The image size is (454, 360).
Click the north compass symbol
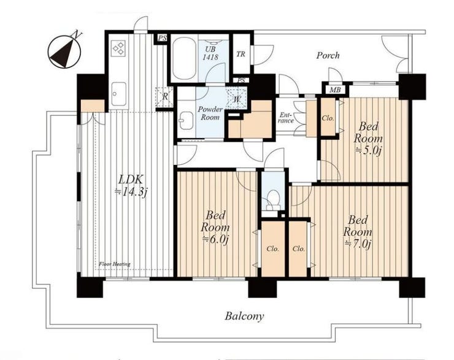tap(64, 52)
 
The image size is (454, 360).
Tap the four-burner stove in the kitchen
tap(118, 48)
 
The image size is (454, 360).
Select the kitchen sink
tap(118, 94)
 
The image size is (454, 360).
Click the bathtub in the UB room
tap(183, 58)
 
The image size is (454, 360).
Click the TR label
tap(240, 54)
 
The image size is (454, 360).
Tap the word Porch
tap(328, 55)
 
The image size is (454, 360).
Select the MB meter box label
tap(335, 90)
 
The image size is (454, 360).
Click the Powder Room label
tap(210, 113)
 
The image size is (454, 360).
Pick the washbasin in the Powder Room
tap(186, 120)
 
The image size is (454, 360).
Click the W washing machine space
tap(237, 98)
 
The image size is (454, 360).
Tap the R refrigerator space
tap(164, 97)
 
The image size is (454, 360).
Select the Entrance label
tap(286, 118)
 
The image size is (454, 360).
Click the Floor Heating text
tap(115, 264)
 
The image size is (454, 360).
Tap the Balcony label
tap(244, 316)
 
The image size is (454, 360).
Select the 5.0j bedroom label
tap(368, 139)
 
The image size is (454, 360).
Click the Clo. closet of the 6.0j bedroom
tap(273, 248)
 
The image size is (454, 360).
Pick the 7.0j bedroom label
tap(358, 232)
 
